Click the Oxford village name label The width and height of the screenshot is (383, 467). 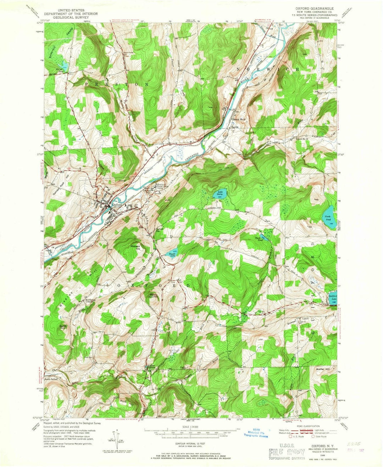(x=117, y=205)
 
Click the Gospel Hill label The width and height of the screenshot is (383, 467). (x=296, y=319)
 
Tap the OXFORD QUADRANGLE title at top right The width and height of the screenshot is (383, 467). (x=311, y=7)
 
